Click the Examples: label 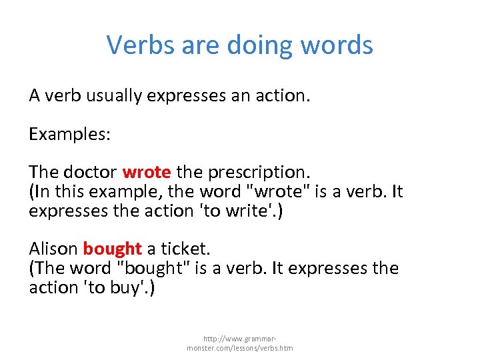click(x=69, y=134)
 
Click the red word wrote click(x=147, y=173)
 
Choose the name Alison click(x=53, y=249)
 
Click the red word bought click(x=112, y=249)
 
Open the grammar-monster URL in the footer click(x=240, y=343)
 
